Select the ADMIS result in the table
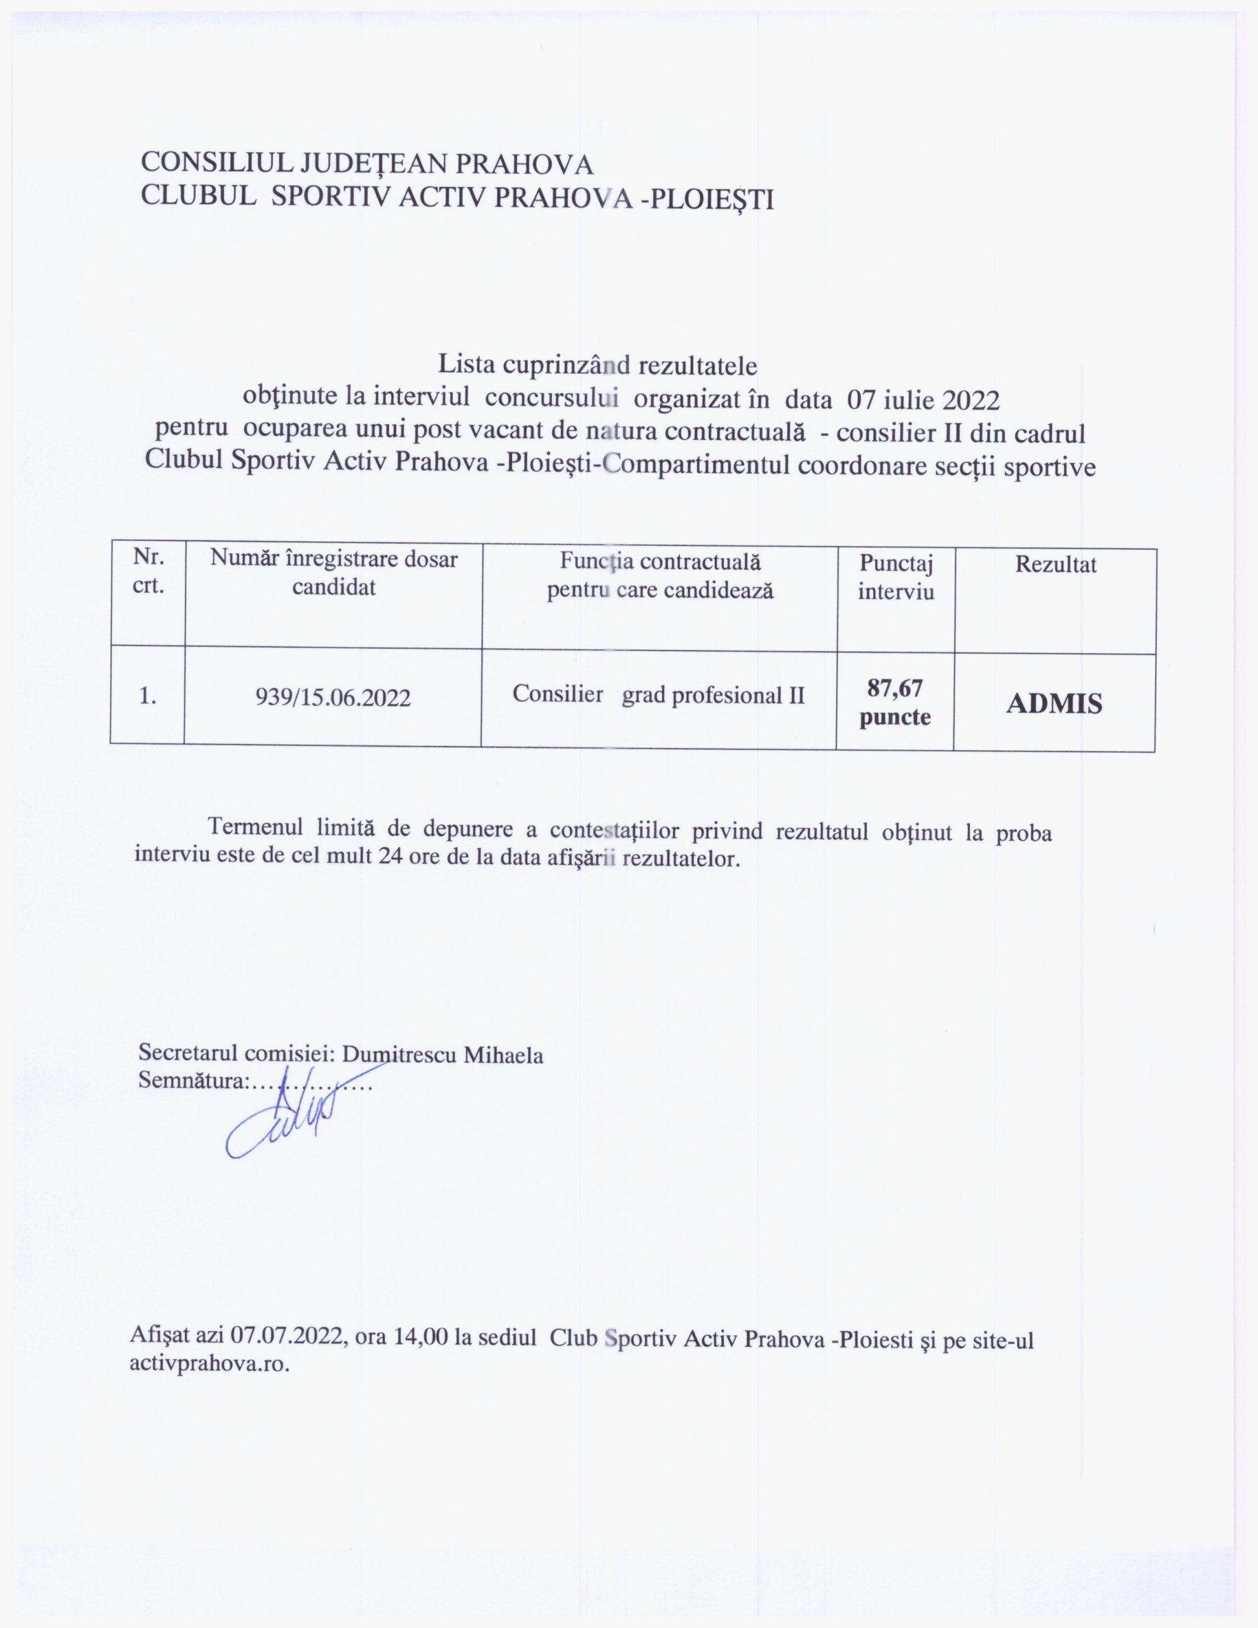pos(1054,704)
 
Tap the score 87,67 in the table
pos(895,687)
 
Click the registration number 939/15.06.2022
pos(333,698)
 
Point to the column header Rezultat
pos(1055,565)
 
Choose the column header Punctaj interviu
pos(895,577)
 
